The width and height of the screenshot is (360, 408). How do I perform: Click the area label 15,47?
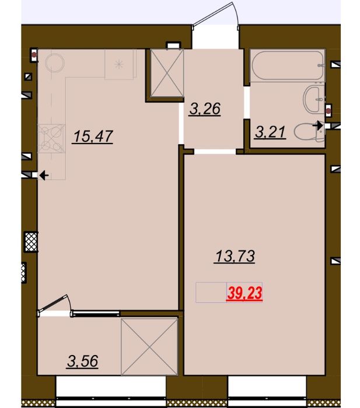[93, 137]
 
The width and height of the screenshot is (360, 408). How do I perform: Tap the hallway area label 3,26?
[205, 109]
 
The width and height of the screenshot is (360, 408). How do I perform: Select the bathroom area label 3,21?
[271, 132]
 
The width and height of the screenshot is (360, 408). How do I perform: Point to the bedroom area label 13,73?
[235, 256]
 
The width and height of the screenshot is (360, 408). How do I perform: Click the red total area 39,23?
[244, 293]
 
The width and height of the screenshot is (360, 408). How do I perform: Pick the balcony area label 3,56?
[83, 361]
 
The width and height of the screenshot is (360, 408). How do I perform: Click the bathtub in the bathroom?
[287, 65]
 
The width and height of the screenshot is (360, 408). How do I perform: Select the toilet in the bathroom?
[309, 132]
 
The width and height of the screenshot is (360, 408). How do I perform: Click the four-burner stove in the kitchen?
[51, 138]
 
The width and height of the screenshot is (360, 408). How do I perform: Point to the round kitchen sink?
[55, 62]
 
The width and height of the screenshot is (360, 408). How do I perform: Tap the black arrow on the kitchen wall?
[44, 175]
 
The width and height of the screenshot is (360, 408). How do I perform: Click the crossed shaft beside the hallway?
[167, 73]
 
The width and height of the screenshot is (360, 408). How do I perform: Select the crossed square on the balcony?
[149, 347]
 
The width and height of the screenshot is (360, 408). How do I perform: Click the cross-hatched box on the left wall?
[31, 242]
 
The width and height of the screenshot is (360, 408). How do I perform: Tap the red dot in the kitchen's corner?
[34, 55]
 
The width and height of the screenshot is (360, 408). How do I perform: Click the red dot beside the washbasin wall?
[329, 111]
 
